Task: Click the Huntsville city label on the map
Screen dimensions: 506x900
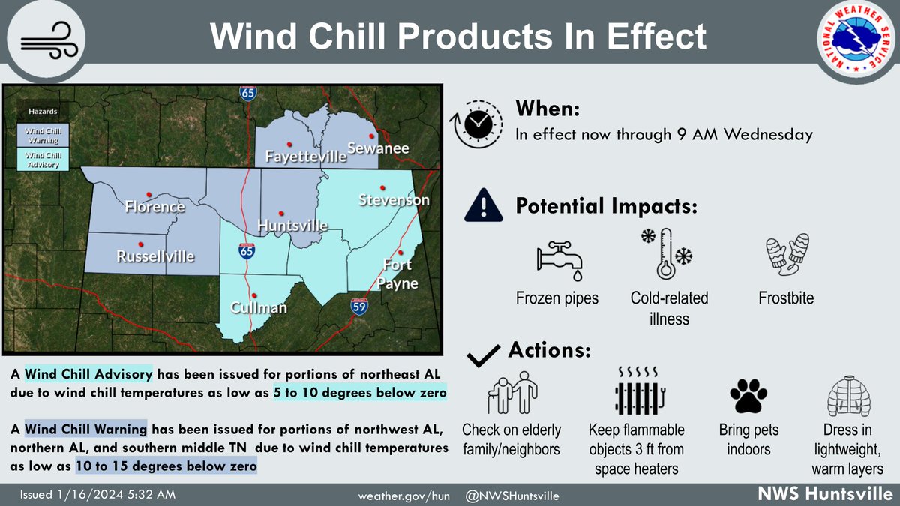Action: pos(293,226)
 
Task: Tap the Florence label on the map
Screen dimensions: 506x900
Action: pos(155,207)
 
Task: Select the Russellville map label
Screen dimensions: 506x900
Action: pos(155,256)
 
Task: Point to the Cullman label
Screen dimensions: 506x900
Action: pos(259,307)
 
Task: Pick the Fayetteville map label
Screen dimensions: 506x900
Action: pos(306,157)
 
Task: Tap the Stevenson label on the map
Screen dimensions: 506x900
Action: pos(394,200)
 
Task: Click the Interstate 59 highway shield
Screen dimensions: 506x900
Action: pos(359,305)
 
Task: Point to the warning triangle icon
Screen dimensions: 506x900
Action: pos(483,205)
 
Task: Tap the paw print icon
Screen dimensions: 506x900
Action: pos(748,396)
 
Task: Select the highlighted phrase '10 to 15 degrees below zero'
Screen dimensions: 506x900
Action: pos(166,466)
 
